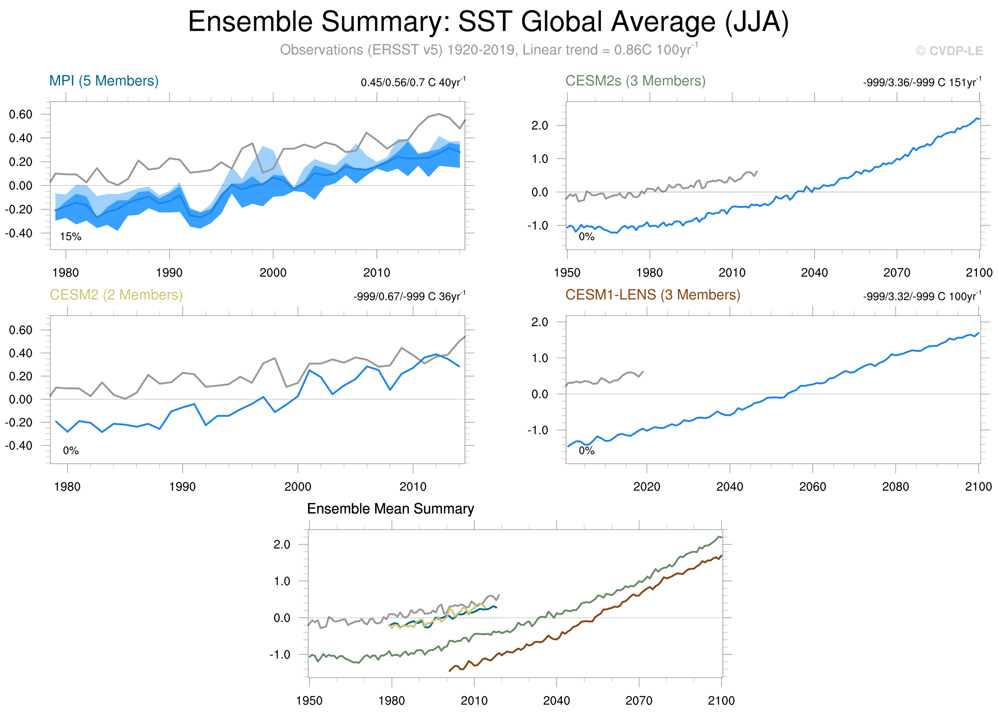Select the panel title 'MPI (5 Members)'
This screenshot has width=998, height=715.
coord(104,81)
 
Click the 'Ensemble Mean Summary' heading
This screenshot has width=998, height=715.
coord(390,509)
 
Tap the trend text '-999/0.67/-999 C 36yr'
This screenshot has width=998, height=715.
coord(409,296)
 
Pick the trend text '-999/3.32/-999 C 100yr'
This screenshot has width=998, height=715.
coord(922,296)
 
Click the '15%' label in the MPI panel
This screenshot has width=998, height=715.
coord(70,237)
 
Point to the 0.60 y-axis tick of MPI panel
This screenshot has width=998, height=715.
coord(21,114)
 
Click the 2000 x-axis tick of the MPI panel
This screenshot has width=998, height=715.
coord(273,272)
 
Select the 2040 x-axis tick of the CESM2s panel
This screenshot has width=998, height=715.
coord(814,272)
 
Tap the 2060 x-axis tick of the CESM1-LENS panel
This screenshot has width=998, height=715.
coord(812,487)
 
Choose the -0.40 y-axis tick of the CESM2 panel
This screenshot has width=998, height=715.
coord(18,446)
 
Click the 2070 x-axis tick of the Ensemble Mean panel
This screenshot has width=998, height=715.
coord(639,700)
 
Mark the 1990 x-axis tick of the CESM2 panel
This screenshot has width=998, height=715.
coord(182,487)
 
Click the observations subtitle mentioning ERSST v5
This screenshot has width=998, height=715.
coord(488,50)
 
